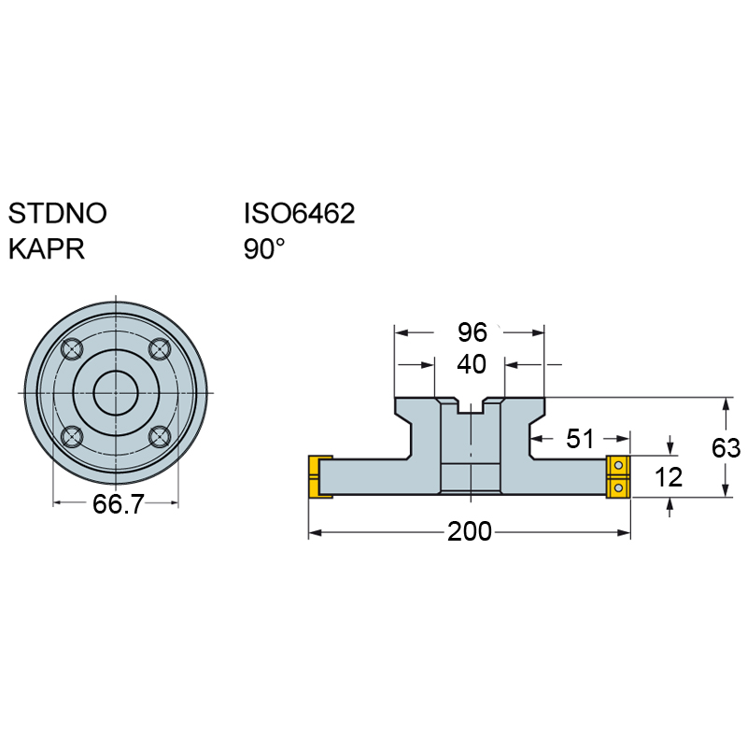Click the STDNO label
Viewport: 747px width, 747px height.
[58, 213]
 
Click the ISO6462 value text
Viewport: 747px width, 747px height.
[299, 213]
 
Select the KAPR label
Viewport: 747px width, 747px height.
[47, 248]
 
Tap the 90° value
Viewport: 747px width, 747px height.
[264, 248]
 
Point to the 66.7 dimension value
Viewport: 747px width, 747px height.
[118, 503]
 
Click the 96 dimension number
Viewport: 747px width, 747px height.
[472, 332]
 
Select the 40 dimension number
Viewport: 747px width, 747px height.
[472, 364]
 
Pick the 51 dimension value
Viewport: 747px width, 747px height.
[580, 438]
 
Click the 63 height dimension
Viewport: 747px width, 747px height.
[726, 448]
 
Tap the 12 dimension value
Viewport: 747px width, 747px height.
[669, 477]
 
